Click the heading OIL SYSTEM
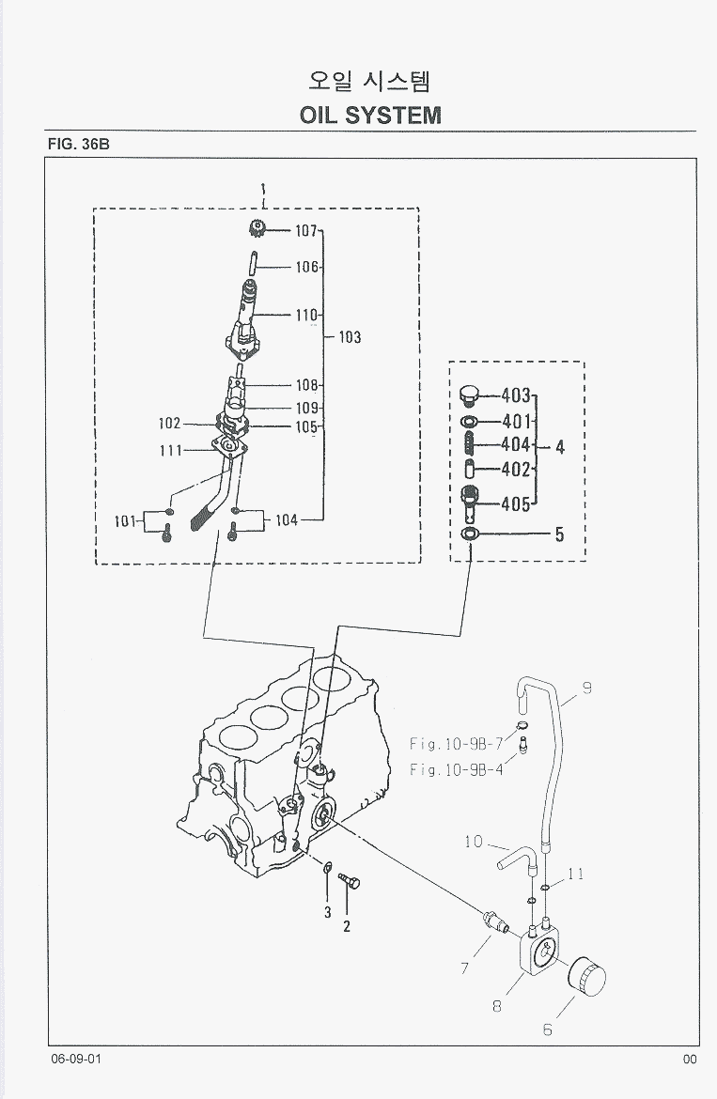point(370,115)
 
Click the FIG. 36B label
point(79,145)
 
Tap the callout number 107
point(307,230)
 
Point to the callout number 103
point(350,337)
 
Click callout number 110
point(307,316)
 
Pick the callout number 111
point(170,451)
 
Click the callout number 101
point(126,520)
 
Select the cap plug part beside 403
point(471,395)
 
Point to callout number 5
point(559,535)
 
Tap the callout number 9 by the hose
point(586,689)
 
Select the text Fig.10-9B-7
point(457,744)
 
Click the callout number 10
point(474,842)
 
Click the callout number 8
point(496,1006)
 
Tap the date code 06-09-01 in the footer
point(76,1060)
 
